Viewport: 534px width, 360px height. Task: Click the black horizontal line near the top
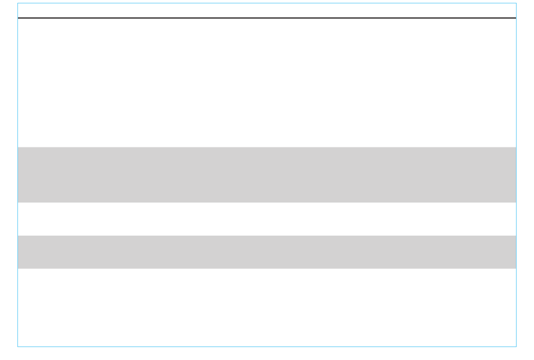click(267, 18)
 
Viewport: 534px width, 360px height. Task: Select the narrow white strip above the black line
click(267, 11)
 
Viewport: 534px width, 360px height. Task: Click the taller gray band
click(267, 174)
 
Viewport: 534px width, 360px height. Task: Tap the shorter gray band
click(267, 252)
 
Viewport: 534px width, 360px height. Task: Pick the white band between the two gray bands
click(267, 219)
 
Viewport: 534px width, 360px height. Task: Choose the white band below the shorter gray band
click(267, 307)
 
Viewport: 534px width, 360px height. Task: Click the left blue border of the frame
click(17, 180)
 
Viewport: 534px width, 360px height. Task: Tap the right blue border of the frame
click(516, 180)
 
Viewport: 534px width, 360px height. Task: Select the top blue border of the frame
click(267, 3)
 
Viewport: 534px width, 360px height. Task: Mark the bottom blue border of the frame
click(267, 346)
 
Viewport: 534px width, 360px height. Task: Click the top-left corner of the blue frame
click(17, 3)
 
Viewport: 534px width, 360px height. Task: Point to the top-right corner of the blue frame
click(516, 3)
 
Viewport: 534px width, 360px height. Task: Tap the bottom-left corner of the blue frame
click(17, 346)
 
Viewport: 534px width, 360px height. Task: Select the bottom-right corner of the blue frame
click(516, 346)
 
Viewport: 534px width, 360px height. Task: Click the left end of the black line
click(19, 18)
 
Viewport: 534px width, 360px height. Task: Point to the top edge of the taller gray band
click(267, 147)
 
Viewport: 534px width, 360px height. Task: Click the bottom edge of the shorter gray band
click(267, 268)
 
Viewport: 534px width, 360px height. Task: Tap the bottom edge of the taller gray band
click(267, 202)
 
